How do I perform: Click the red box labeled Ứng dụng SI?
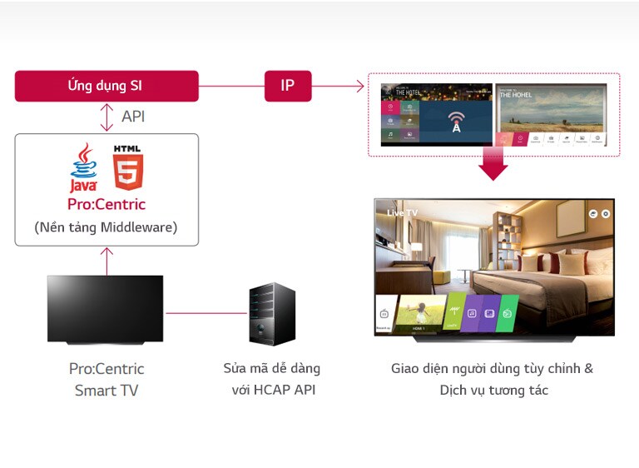pyautogui.click(x=106, y=86)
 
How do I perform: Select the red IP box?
pyautogui.click(x=288, y=86)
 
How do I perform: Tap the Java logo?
pyautogui.click(x=83, y=167)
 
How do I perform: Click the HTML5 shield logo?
pyautogui.click(x=128, y=168)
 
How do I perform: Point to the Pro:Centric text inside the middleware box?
pyautogui.click(x=106, y=204)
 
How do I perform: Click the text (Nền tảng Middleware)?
pyautogui.click(x=106, y=227)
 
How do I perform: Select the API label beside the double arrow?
pyautogui.click(x=133, y=117)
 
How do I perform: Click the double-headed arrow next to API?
pyautogui.click(x=106, y=117)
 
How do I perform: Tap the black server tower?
pyautogui.click(x=272, y=314)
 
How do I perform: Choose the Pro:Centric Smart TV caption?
pyautogui.click(x=106, y=379)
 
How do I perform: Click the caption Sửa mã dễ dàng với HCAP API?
pyautogui.click(x=272, y=379)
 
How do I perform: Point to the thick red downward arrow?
pyautogui.click(x=493, y=163)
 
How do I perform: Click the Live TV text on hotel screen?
pyautogui.click(x=402, y=213)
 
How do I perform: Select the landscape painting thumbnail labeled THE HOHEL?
pyautogui.click(x=551, y=108)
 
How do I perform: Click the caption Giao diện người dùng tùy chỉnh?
pyautogui.click(x=493, y=368)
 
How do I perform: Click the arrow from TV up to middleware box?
pyautogui.click(x=106, y=260)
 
